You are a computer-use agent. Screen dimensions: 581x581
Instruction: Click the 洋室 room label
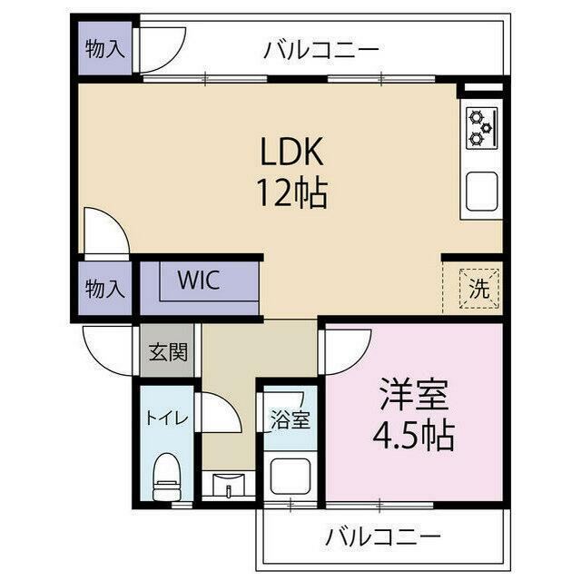413,397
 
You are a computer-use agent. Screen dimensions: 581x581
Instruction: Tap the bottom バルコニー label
383,537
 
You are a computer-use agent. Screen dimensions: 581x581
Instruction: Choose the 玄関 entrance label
166,350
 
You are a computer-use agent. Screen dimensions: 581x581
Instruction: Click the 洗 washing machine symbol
478,288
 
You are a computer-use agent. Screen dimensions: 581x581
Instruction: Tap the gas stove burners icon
479,128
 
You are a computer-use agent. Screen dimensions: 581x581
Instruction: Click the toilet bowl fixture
166,473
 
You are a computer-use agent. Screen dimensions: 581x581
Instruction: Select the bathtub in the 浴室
290,475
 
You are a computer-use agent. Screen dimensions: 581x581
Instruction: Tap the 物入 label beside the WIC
103,290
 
